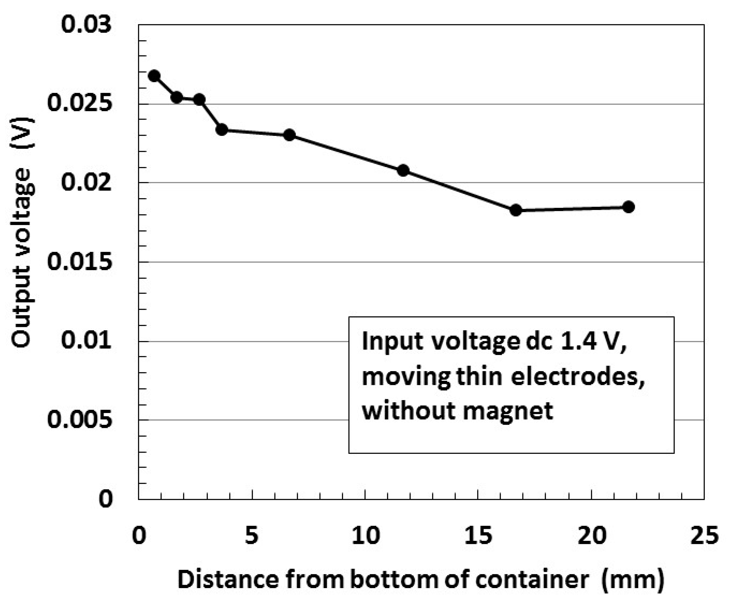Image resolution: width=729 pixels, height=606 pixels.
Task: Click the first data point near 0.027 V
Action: tap(154, 76)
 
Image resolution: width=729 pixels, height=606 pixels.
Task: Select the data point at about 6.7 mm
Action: tap(290, 135)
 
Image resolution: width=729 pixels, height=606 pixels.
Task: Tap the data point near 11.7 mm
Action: tap(403, 170)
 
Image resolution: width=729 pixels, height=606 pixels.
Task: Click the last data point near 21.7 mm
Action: tap(629, 207)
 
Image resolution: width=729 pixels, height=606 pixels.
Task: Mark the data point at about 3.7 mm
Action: tap(222, 130)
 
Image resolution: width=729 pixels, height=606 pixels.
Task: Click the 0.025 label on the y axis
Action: tap(80, 103)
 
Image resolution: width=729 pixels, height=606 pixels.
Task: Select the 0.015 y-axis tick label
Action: tap(80, 261)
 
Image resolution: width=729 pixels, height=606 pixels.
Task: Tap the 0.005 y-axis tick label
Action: tap(80, 420)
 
